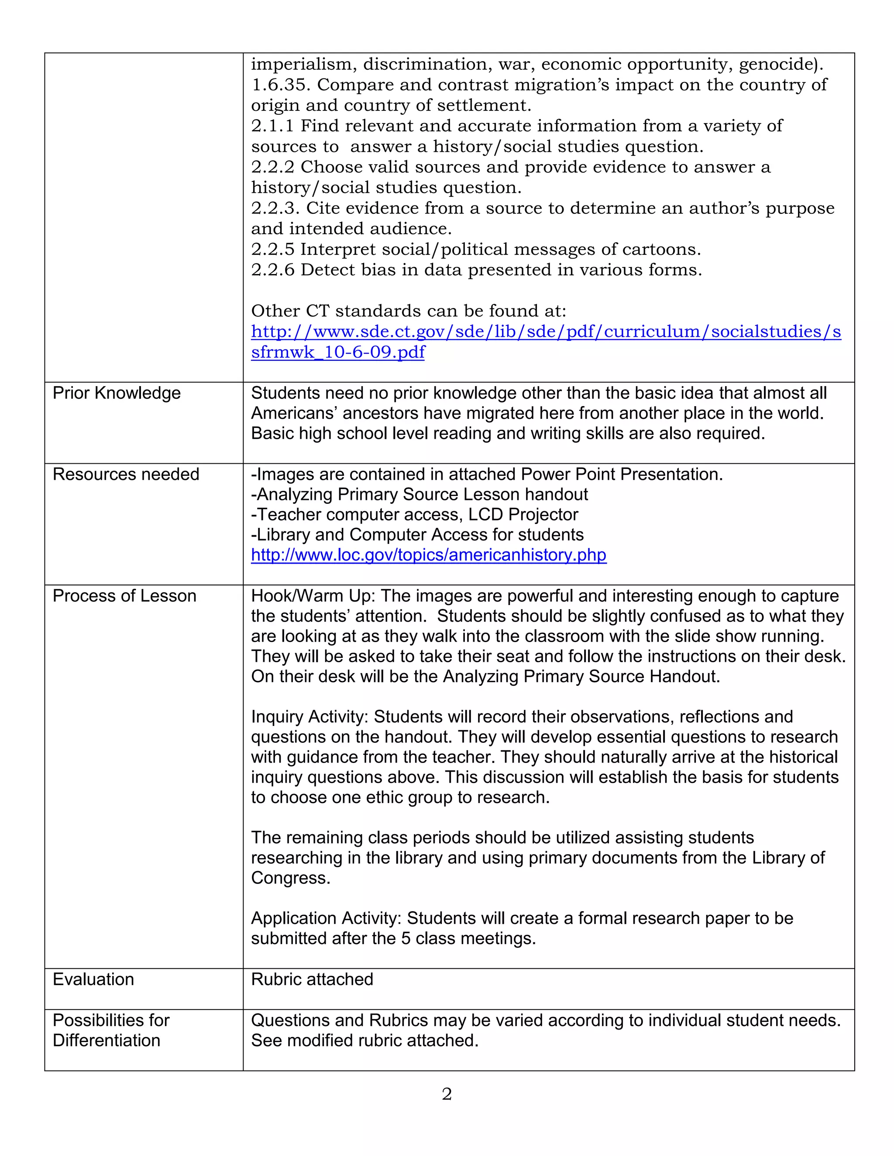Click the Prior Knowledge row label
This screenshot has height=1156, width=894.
117,393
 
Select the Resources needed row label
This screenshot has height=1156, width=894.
126,474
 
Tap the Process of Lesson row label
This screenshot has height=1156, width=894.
124,596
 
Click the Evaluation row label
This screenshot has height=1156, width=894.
93,980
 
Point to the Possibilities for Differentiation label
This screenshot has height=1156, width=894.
111,1030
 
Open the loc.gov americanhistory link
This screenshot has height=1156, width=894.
429,555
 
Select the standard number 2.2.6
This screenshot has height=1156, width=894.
272,270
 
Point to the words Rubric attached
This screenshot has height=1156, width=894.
312,980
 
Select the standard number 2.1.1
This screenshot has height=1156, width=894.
272,126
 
